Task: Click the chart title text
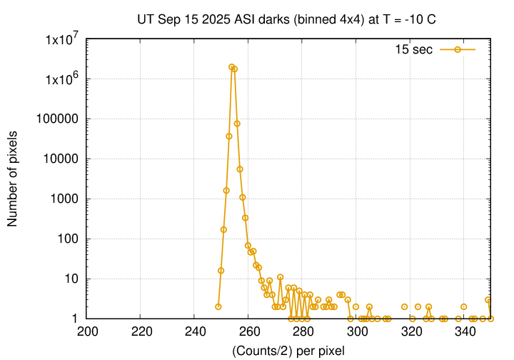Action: pyautogui.click(x=286, y=19)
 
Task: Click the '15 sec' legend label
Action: pyautogui.click(x=413, y=49)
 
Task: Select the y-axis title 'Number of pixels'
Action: pyautogui.click(x=13, y=179)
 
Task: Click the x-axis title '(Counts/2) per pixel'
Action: pyautogui.click(x=288, y=350)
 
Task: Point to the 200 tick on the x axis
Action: pyautogui.click(x=87, y=332)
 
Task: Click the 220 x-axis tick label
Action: pyautogui.click(x=141, y=332)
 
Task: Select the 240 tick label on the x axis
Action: pyautogui.click(x=195, y=332)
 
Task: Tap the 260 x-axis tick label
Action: pyautogui.click(x=249, y=332)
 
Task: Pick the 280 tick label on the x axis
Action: pyautogui.click(x=303, y=332)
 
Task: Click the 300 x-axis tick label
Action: pyautogui.click(x=357, y=332)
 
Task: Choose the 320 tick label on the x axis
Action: pyautogui.click(x=411, y=332)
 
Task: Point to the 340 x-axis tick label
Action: pyautogui.click(x=465, y=332)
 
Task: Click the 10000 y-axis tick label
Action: pyautogui.click(x=61, y=159)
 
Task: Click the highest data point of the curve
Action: pyautogui.click(x=231, y=67)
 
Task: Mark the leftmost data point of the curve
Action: pyautogui.click(x=218, y=306)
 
